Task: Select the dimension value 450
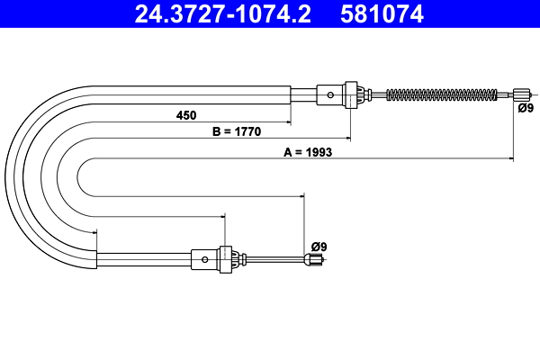pos(186,116)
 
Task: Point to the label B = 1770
pos(236,132)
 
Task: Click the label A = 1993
pos(309,153)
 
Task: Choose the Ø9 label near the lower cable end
pos(318,246)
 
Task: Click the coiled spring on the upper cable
pos(441,94)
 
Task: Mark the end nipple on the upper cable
pos(521,94)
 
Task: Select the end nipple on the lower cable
pos(312,261)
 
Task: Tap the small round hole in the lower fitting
pos(206,259)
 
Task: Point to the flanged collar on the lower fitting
pos(225,259)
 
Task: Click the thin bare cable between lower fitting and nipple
pos(274,260)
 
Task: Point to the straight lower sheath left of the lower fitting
pos(144,259)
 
